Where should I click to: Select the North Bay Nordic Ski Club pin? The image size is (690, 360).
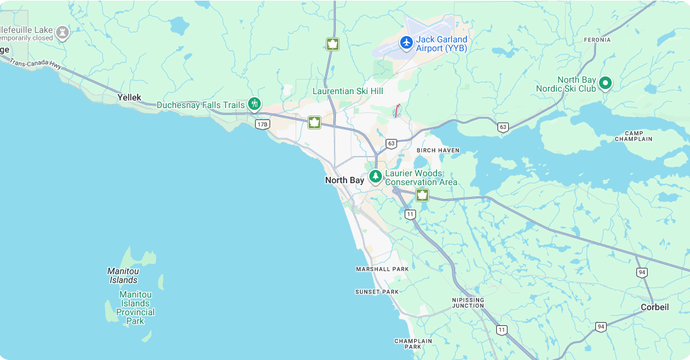(x=605, y=83)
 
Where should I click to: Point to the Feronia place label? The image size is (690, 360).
(x=597, y=40)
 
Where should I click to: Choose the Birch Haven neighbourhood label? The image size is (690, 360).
(x=438, y=150)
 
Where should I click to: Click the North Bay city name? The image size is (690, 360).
(x=345, y=181)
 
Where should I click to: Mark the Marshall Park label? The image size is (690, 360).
(x=382, y=269)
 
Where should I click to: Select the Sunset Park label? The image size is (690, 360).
(x=377, y=292)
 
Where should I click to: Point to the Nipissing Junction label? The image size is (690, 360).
(x=468, y=303)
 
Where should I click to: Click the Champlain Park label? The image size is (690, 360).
(x=413, y=344)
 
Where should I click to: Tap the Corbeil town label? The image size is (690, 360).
(x=655, y=307)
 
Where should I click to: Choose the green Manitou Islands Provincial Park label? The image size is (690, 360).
(x=135, y=308)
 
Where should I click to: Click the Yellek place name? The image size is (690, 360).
(x=129, y=97)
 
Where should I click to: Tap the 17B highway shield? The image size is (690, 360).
(x=263, y=124)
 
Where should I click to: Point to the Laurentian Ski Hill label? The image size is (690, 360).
(x=348, y=91)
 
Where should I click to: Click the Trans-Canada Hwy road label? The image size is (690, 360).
(x=35, y=64)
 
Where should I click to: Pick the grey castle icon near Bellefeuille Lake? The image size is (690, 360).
(x=62, y=32)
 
